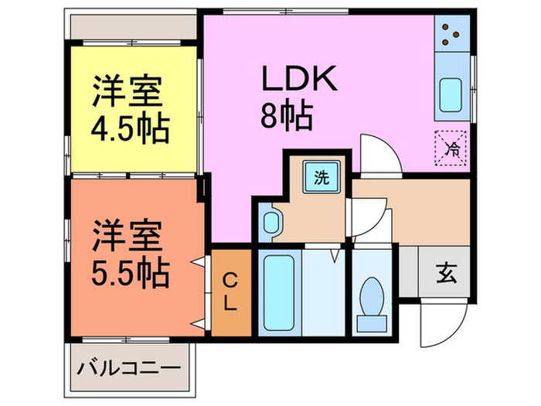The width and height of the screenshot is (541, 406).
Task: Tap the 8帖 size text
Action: [x=287, y=118]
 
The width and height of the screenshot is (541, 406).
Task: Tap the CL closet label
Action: [x=230, y=291]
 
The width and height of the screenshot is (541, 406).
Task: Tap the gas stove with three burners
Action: [x=452, y=36]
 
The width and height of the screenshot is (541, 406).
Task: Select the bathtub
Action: [x=276, y=292]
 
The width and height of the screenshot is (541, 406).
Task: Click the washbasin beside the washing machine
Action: [x=271, y=222]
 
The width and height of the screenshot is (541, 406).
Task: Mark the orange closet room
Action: [x=230, y=292]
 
